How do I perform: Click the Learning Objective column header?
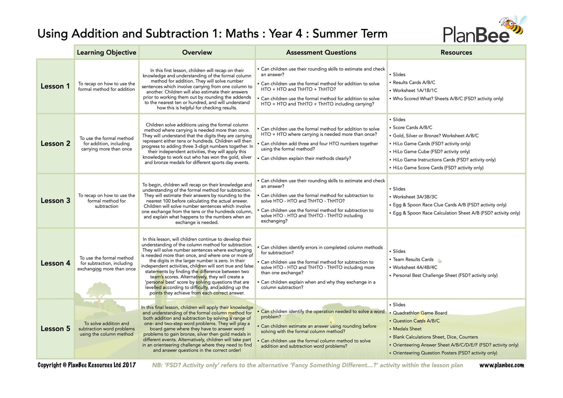click(107, 53)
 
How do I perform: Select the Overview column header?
click(197, 53)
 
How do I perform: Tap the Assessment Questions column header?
click(321, 53)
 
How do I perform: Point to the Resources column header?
click(456, 53)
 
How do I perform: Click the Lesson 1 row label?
click(55, 86)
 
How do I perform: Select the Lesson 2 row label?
click(55, 144)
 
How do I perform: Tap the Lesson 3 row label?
click(55, 201)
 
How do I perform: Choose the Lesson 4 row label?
click(55, 263)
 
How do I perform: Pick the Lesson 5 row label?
click(55, 329)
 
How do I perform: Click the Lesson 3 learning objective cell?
click(107, 201)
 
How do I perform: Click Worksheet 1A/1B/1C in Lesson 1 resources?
click(415, 90)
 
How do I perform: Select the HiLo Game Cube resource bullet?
click(431, 152)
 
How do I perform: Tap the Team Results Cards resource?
click(413, 260)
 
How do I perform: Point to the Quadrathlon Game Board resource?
click(420, 313)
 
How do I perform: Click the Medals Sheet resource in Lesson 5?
click(407, 329)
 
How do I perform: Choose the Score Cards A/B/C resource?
click(412, 128)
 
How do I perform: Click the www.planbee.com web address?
click(501, 365)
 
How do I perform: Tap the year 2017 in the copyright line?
click(129, 365)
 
